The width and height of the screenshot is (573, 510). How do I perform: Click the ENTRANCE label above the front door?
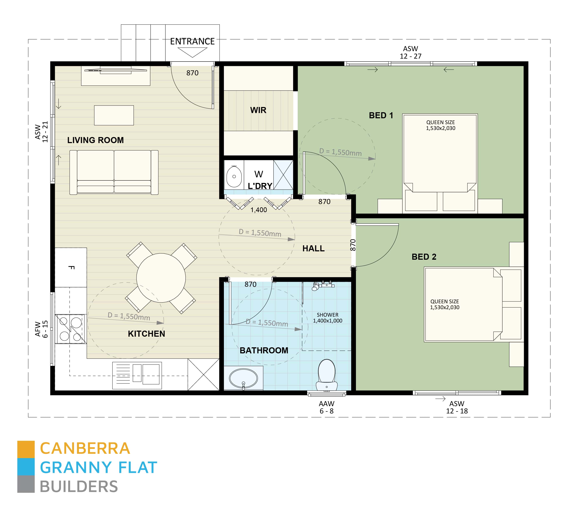(x=192, y=42)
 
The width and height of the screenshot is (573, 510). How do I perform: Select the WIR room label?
(x=258, y=110)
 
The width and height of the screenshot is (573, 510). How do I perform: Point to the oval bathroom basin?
(x=243, y=378)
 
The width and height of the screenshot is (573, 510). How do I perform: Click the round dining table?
(x=161, y=278)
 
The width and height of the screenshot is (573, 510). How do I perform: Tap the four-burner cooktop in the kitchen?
(x=70, y=329)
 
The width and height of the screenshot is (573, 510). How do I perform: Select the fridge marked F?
(x=71, y=267)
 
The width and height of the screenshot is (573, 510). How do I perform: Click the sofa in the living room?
(x=114, y=172)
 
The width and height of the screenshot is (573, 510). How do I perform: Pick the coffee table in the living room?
(x=114, y=115)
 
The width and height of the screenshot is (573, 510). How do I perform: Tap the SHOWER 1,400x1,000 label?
(x=327, y=318)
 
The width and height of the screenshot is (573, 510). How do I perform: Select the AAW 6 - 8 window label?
(x=326, y=407)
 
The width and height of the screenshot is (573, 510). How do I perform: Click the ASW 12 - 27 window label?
(x=410, y=52)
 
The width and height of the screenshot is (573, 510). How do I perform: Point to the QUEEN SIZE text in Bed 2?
(x=445, y=301)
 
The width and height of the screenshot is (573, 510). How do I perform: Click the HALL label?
(x=313, y=248)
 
